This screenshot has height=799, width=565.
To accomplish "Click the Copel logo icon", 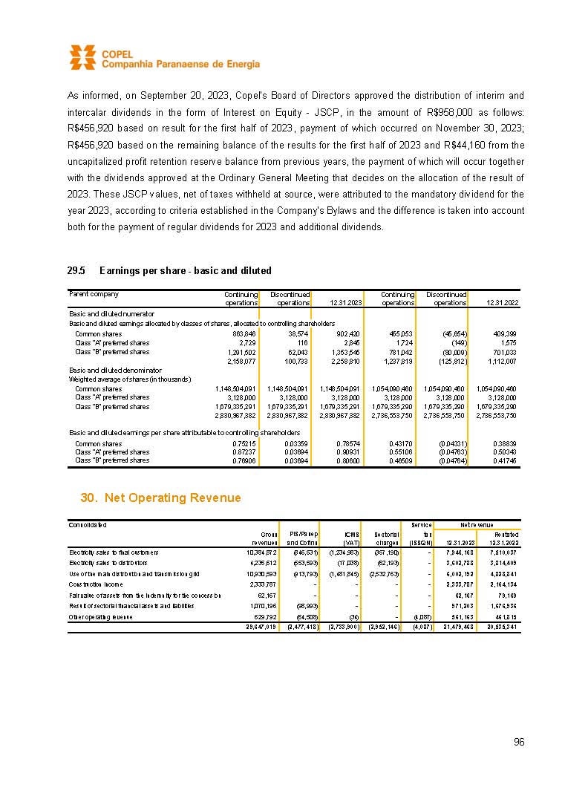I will (82, 57).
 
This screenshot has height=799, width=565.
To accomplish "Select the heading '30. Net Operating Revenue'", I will (160, 498).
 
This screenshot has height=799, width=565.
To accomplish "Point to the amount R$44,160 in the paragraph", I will (468, 144).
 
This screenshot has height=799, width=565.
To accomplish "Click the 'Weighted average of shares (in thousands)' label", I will (130, 379).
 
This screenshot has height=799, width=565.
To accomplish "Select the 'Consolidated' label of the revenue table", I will (88, 525).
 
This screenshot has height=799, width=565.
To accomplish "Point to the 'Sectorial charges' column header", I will (388, 538).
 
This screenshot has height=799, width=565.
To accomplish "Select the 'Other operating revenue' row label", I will (99, 616).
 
